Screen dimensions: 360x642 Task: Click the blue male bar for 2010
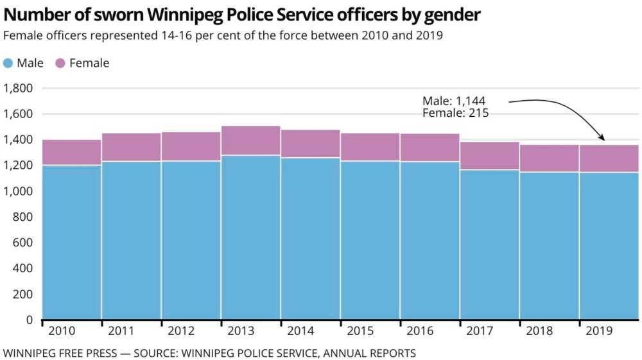tap(72, 242)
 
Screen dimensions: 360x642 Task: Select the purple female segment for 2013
tap(250, 141)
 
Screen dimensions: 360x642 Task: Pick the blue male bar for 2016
tap(429, 240)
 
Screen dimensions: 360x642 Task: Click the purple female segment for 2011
tap(132, 147)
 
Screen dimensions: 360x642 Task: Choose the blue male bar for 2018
tap(549, 245)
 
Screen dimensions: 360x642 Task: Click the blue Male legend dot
tap(8, 63)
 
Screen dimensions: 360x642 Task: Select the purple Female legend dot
tap(60, 63)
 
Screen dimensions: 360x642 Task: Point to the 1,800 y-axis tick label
tap(19, 89)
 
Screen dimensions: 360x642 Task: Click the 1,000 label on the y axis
tap(19, 191)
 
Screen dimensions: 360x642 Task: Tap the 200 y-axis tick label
tap(24, 294)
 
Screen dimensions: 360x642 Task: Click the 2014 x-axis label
tap(301, 332)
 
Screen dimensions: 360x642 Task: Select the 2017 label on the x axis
tap(480, 332)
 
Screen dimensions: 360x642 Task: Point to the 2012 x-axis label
tap(182, 332)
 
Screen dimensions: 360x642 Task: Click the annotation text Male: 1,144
tap(454, 101)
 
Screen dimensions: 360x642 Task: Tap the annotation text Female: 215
tap(456, 113)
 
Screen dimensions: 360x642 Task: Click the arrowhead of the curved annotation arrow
tap(602, 138)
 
